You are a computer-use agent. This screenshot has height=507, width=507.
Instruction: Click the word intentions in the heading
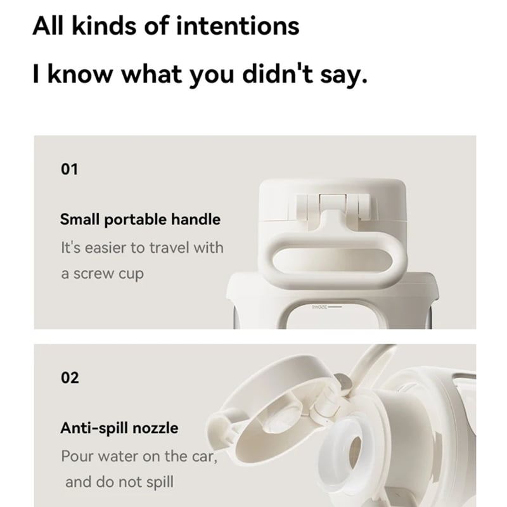(238, 26)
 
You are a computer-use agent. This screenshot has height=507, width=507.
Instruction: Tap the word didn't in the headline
(278, 74)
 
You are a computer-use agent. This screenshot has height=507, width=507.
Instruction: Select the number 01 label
(69, 169)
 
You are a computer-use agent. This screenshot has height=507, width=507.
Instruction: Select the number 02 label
(70, 378)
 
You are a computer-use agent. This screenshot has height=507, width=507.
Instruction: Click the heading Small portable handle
(140, 219)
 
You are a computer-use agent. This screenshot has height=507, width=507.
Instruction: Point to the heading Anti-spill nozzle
(119, 428)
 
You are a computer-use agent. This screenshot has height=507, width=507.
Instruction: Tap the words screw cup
(108, 274)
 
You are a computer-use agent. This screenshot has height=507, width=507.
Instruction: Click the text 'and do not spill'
(119, 482)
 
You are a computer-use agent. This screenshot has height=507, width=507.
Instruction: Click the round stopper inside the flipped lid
(280, 420)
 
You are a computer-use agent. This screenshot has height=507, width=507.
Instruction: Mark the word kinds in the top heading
(104, 26)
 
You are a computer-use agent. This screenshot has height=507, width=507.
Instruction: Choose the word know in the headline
(80, 74)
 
